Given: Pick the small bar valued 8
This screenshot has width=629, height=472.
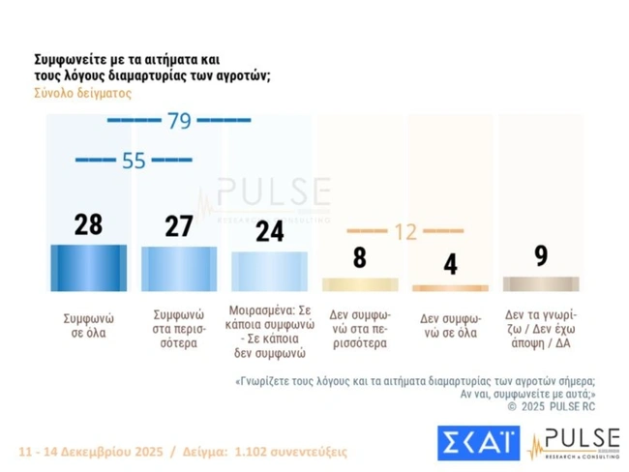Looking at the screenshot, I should click(360, 284).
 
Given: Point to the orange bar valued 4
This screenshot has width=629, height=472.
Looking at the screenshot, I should click(450, 287).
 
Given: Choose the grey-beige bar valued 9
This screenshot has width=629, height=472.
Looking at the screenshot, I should click(540, 283).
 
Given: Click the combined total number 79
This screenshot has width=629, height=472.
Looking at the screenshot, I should click(179, 121).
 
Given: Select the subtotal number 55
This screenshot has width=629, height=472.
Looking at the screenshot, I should click(134, 161).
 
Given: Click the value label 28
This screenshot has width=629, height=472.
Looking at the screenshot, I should click(88, 225).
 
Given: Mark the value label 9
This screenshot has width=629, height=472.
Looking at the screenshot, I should click(540, 255).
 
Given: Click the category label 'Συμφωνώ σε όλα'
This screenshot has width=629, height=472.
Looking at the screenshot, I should click(88, 324).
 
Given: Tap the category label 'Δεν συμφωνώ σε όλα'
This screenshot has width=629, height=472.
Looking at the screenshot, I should click(450, 324).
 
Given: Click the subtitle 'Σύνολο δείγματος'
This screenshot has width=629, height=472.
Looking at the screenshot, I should click(82, 93).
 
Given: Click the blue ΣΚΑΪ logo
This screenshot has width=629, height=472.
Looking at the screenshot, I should click(476, 441).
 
